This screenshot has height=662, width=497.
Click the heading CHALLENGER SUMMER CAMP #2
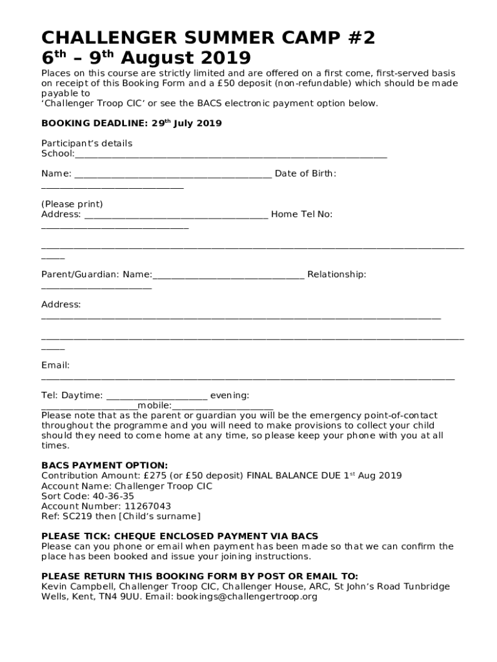(x=208, y=38)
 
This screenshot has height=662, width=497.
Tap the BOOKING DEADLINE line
(x=131, y=123)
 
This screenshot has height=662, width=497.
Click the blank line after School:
(x=231, y=155)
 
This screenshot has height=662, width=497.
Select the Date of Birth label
(x=305, y=173)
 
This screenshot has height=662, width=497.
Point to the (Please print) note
(x=72, y=204)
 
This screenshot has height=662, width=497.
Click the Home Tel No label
(x=301, y=214)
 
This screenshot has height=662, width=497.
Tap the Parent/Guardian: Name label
(x=97, y=275)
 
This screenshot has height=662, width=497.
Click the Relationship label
(x=336, y=275)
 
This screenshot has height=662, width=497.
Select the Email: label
(x=56, y=365)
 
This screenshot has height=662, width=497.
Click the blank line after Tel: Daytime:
(x=156, y=396)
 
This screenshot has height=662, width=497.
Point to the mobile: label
(x=154, y=405)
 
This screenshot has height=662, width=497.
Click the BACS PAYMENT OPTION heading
(x=105, y=465)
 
